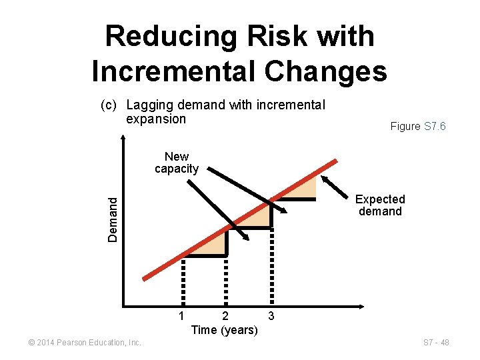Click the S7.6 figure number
point(435,126)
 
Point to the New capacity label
point(177,163)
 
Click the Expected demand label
point(380,205)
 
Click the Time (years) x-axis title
point(224,330)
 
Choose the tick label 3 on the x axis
point(270,314)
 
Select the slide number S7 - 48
point(436,343)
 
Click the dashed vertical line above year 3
point(271,267)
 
